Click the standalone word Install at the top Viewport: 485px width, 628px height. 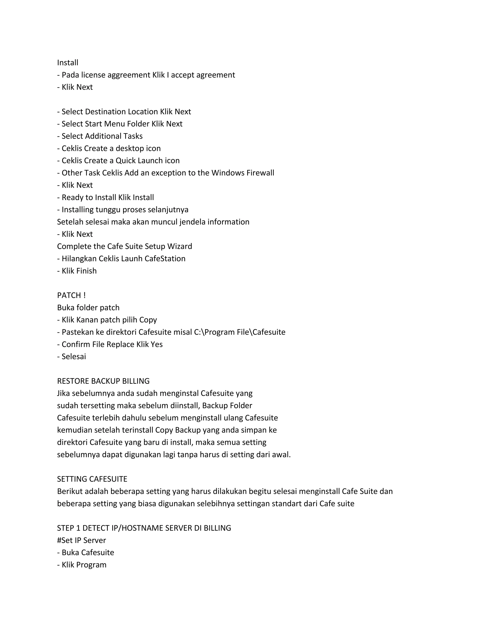click(x=67, y=63)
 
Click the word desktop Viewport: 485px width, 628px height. click(x=130, y=148)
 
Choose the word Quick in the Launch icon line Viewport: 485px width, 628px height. click(x=126, y=161)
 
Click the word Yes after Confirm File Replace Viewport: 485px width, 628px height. click(x=157, y=345)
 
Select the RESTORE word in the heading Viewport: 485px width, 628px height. click(x=73, y=381)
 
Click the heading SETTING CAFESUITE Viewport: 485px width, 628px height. click(x=92, y=479)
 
